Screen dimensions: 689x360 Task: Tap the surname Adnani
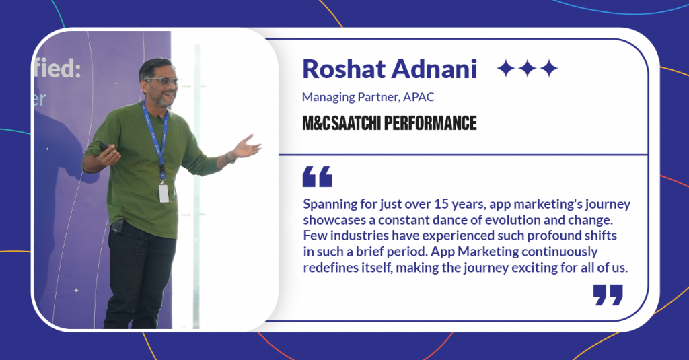(434, 69)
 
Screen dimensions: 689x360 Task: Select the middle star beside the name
(528, 69)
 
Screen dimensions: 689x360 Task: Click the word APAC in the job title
(419, 97)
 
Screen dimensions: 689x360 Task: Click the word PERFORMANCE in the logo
(431, 124)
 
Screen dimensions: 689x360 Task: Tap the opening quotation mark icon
(318, 177)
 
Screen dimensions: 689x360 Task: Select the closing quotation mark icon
(608, 295)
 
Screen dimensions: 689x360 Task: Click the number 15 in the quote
(441, 204)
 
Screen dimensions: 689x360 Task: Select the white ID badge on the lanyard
(164, 193)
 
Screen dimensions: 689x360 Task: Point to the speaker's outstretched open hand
(246, 147)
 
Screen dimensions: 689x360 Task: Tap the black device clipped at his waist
(117, 227)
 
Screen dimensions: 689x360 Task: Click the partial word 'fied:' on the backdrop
(58, 69)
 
